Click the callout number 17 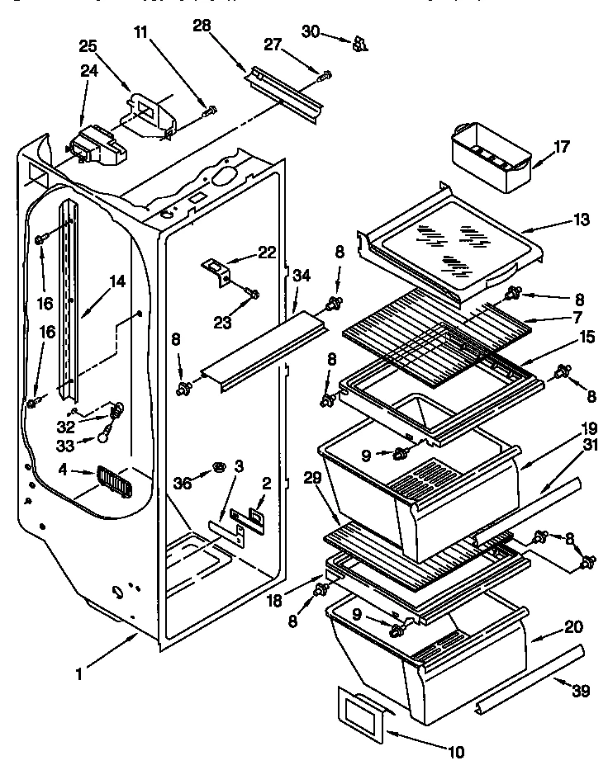562,149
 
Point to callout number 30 310,31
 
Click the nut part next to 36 220,467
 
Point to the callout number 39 581,692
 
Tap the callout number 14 116,281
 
